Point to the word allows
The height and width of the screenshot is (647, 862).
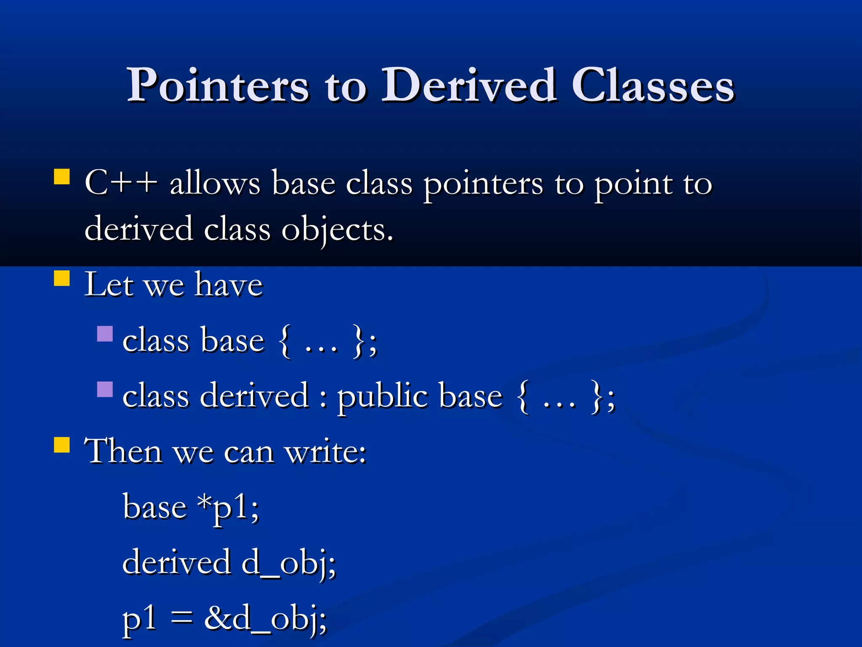click(x=215, y=184)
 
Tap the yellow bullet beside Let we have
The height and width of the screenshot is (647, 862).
click(x=62, y=278)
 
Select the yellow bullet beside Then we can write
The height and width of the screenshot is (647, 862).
click(x=62, y=445)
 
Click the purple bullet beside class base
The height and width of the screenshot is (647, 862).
click(x=105, y=334)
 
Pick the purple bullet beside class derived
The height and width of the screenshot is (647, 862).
click(x=105, y=389)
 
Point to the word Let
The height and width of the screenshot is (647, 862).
click(x=109, y=285)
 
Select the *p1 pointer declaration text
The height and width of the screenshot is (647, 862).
click(x=227, y=507)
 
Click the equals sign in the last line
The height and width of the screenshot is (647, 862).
click(x=181, y=618)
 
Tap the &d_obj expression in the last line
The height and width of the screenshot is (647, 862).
click(x=265, y=619)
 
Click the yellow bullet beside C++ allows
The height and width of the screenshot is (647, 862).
click(x=62, y=177)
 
